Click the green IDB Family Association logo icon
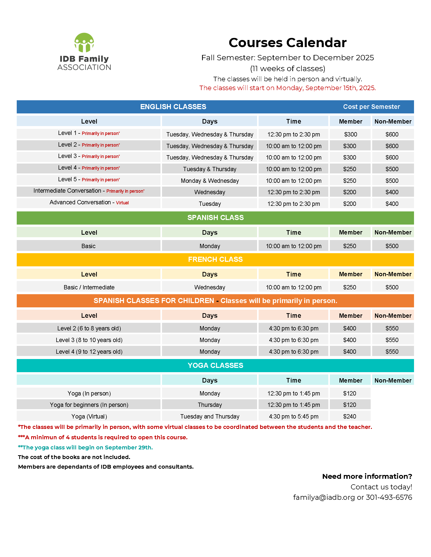84,42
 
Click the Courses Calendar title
287,43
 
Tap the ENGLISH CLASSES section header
173,107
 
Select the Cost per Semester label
371,107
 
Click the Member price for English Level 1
350,134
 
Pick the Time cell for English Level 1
293,134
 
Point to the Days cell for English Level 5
210,181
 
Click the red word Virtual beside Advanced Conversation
122,203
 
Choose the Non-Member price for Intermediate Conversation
392,192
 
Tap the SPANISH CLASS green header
215,217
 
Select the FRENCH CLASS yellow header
215,259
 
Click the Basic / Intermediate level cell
89,287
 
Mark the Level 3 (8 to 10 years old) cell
89,340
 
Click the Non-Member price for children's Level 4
392,352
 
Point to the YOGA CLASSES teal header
215,365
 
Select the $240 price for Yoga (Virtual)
349,416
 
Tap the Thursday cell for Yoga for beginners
210,405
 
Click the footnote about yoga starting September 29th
85,447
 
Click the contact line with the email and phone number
352,497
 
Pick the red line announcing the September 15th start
287,88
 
